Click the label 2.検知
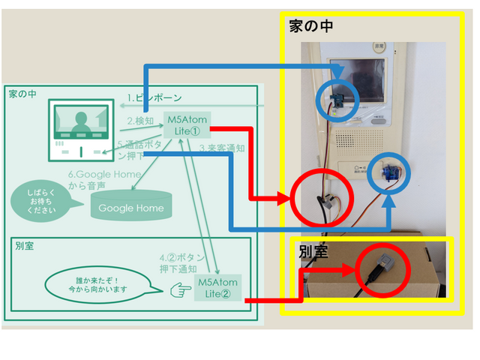coord(140,121)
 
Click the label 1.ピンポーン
coord(154,98)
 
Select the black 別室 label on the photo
coord(313,251)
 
